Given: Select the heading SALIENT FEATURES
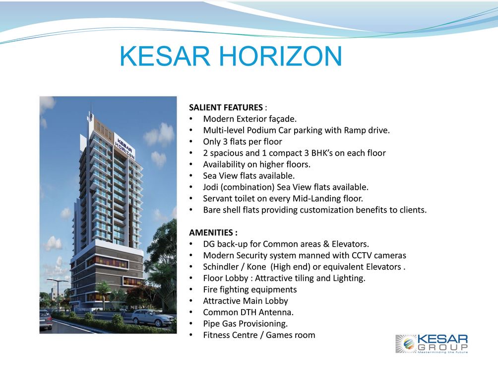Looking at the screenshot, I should click(x=226, y=108).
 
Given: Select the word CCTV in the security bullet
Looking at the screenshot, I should click(x=352, y=256).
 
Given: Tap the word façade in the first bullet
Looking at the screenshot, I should click(x=281, y=119).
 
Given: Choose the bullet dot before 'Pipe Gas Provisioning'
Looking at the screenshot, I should click(x=191, y=324).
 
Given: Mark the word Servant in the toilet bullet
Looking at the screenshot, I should click(x=218, y=199).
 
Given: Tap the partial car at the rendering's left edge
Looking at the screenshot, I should click(x=45, y=319).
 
